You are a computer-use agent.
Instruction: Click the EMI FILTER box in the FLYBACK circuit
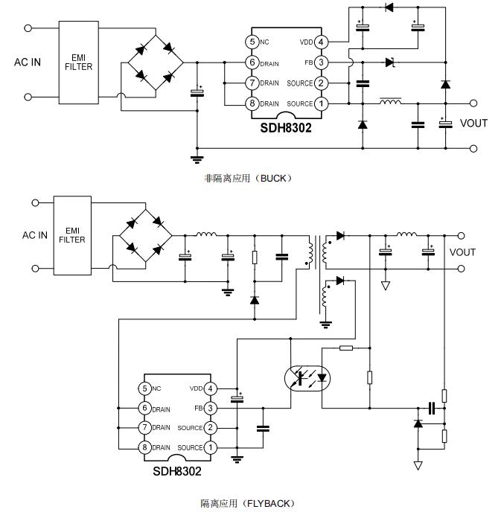click(72, 235)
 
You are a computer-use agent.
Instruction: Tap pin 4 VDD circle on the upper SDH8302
click(321, 42)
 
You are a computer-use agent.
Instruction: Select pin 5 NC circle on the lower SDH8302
click(144, 388)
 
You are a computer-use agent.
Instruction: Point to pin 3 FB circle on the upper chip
click(321, 63)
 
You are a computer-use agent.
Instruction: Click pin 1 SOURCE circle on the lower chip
click(211, 447)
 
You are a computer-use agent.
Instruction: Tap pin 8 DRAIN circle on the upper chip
click(253, 103)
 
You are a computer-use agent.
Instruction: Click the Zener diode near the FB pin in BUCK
click(389, 63)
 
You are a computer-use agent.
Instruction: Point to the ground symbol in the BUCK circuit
click(197, 158)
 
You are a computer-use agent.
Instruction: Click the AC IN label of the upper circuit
click(28, 62)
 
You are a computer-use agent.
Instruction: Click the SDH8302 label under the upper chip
click(286, 127)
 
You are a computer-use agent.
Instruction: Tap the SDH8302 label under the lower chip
click(176, 470)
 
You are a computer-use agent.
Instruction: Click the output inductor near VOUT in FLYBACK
click(406, 235)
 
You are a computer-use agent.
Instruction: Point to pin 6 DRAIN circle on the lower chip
click(144, 409)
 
